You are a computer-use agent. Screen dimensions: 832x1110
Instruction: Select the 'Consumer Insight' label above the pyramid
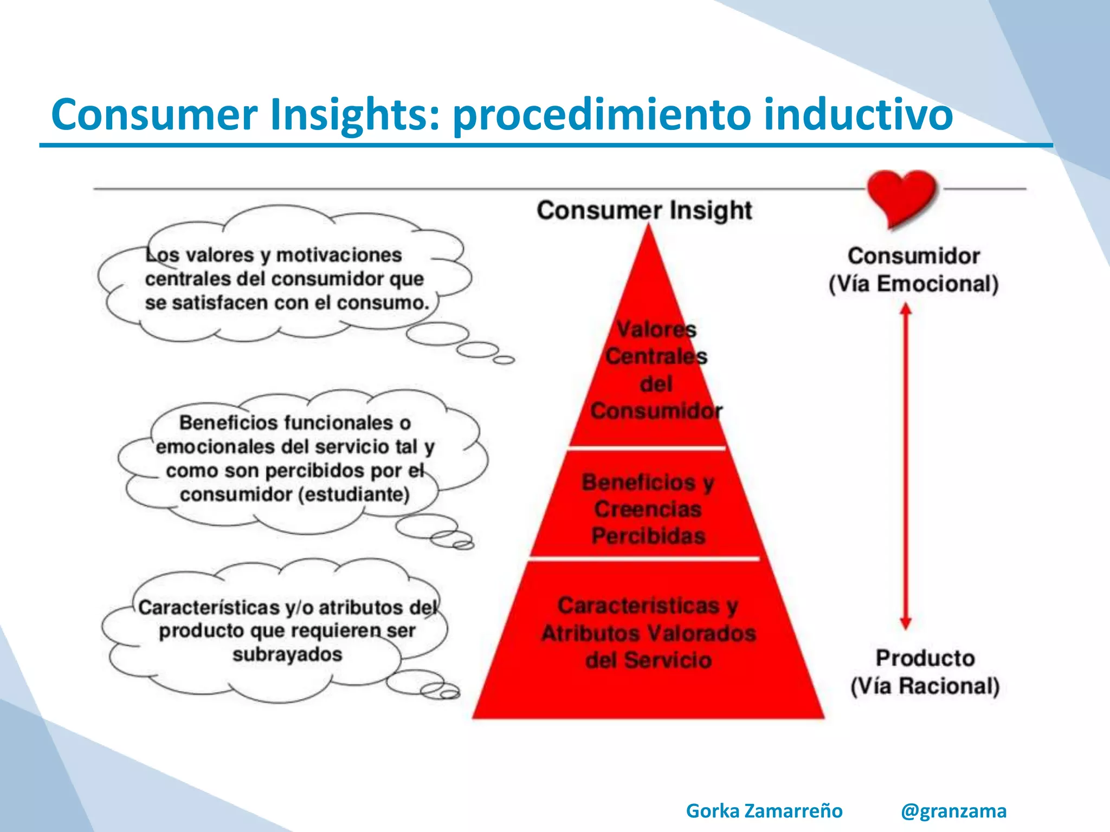[644, 210]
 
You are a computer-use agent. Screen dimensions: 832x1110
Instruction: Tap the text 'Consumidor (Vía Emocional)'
[913, 270]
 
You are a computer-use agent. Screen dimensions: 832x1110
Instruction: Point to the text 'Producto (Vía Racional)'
[925, 672]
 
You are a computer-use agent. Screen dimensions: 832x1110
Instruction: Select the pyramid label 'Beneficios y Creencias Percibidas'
[648, 509]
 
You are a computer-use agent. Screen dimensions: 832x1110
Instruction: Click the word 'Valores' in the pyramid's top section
[656, 329]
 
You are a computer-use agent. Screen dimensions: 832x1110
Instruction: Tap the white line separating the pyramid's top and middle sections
[647, 448]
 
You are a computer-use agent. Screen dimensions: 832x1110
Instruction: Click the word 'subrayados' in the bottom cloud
[287, 654]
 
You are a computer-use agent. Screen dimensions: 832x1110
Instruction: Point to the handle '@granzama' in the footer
[953, 811]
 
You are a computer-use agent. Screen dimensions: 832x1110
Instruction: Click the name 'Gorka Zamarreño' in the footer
[764, 811]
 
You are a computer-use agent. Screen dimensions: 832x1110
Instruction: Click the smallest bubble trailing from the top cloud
[504, 360]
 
